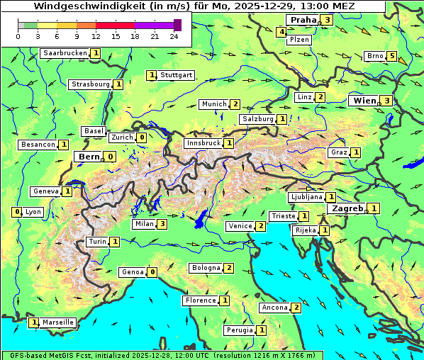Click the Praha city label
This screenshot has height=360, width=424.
pyautogui.click(x=302, y=20)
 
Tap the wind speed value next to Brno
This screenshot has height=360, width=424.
pyautogui.click(x=392, y=56)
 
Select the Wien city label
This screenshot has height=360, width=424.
pyautogui.click(x=364, y=101)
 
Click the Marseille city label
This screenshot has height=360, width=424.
pyautogui.click(x=57, y=322)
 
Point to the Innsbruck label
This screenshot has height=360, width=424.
pyautogui.click(x=203, y=143)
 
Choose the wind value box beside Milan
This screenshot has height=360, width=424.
pyautogui.click(x=162, y=224)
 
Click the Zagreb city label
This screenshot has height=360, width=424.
pyautogui.click(x=347, y=208)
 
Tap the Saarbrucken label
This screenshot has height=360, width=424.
pyautogui.click(x=65, y=53)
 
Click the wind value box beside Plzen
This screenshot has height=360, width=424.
pyautogui.click(x=281, y=32)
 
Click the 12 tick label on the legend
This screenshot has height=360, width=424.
pyautogui.click(x=96, y=36)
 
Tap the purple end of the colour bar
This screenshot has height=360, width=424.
pyautogui.click(x=177, y=25)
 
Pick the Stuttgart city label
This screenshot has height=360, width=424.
pyautogui.click(x=176, y=75)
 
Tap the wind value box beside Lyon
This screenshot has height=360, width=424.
pyautogui.click(x=16, y=212)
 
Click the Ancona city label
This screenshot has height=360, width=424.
pyautogui.click(x=274, y=308)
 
